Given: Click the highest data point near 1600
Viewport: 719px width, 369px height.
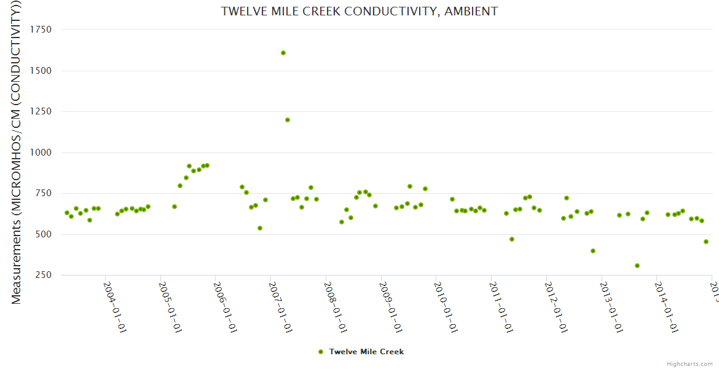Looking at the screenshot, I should point(283,53).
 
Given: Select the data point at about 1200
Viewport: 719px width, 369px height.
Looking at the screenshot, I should point(288,120).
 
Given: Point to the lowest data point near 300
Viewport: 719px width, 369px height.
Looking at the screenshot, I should point(637,266).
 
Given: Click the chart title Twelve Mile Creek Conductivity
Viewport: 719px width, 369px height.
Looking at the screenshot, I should point(359,12).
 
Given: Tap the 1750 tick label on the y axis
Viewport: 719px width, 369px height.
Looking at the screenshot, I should point(40,30).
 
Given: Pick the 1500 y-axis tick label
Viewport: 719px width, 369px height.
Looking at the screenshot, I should point(40,71).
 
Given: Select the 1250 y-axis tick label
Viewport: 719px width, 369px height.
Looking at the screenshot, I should point(40,111).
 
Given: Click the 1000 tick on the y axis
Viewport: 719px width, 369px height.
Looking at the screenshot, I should point(40,153).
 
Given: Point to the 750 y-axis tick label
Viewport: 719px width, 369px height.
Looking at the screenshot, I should point(43,193).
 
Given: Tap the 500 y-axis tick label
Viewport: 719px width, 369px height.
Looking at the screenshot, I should point(43,234).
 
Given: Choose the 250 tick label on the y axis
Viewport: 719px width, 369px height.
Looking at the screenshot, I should point(43,275).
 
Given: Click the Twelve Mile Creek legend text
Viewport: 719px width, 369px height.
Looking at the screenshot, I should point(366,352).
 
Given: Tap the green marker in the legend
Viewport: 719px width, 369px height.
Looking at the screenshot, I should point(320,352).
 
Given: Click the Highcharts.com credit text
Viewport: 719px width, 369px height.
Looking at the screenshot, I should point(690,363).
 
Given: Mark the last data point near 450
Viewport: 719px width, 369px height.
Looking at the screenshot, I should point(706,242).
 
